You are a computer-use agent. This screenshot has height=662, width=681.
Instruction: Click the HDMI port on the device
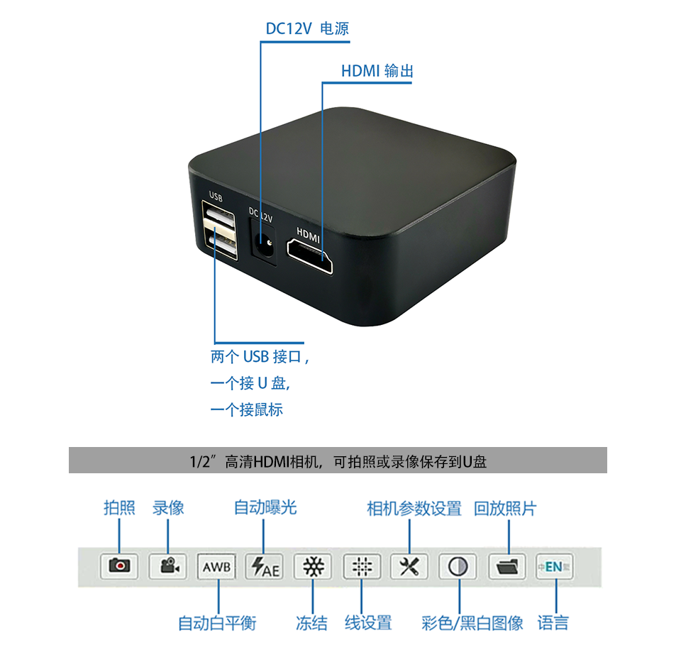(310, 256)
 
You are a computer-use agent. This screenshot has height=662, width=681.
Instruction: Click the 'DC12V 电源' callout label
(307, 29)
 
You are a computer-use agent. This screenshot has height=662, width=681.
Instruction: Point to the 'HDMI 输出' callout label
(377, 71)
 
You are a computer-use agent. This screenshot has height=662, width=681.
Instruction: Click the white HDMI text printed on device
(309, 232)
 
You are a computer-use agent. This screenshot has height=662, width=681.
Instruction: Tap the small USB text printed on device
(216, 197)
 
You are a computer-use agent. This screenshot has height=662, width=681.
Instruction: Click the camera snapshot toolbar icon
(119, 566)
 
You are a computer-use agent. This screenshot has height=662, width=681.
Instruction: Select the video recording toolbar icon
(168, 566)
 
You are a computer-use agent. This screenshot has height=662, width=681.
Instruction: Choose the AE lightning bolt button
(264, 566)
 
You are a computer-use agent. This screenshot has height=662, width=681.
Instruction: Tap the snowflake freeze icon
(313, 566)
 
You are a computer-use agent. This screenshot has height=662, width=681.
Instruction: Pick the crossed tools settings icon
(410, 566)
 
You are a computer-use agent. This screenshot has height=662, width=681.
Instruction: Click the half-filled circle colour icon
(458, 566)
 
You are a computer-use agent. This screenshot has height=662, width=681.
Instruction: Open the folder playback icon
(507, 566)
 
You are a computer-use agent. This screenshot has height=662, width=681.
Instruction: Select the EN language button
(554, 566)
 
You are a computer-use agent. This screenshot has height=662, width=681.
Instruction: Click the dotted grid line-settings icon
(362, 566)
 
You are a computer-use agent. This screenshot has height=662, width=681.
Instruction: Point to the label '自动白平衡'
(216, 624)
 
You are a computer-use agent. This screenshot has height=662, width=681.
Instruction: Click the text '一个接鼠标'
(246, 409)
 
